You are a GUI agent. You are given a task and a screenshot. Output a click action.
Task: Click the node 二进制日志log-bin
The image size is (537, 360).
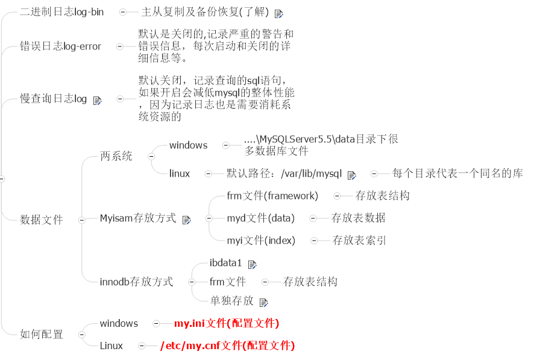click(61, 12)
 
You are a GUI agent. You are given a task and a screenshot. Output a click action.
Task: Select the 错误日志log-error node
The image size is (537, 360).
click(60, 46)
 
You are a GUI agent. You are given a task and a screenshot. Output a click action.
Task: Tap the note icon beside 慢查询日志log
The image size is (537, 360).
click(98, 100)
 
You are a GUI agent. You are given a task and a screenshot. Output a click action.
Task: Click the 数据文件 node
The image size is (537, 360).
click(41, 220)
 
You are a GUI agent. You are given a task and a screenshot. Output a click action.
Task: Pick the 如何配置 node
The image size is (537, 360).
click(41, 335)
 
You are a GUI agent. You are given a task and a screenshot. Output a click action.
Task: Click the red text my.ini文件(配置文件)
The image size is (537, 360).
click(226, 324)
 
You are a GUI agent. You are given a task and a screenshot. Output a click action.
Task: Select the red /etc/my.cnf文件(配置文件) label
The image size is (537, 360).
click(227, 346)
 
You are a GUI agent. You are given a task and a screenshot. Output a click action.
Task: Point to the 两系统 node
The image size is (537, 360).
click(116, 157)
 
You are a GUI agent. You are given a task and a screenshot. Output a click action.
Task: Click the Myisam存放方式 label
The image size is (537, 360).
click(138, 218)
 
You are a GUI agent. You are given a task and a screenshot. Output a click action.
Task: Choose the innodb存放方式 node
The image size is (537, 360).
click(136, 282)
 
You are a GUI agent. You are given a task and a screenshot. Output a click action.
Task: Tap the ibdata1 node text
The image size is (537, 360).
click(225, 263)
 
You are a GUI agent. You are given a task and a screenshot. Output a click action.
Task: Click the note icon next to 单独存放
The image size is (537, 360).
click(263, 302)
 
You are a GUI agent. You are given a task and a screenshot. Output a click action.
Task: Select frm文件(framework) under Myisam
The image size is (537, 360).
click(272, 196)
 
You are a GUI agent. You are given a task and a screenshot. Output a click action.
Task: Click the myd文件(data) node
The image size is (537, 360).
click(260, 218)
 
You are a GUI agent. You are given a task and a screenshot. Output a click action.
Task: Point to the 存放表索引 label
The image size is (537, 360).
click(359, 241)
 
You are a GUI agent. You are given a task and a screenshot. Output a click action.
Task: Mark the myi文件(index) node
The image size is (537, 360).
click(261, 241)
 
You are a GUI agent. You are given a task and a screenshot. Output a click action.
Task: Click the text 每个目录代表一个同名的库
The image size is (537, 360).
click(457, 174)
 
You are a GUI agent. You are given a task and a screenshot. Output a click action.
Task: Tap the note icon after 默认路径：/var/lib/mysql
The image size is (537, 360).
click(352, 175)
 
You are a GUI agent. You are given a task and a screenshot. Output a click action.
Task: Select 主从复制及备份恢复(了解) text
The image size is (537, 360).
click(205, 12)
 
